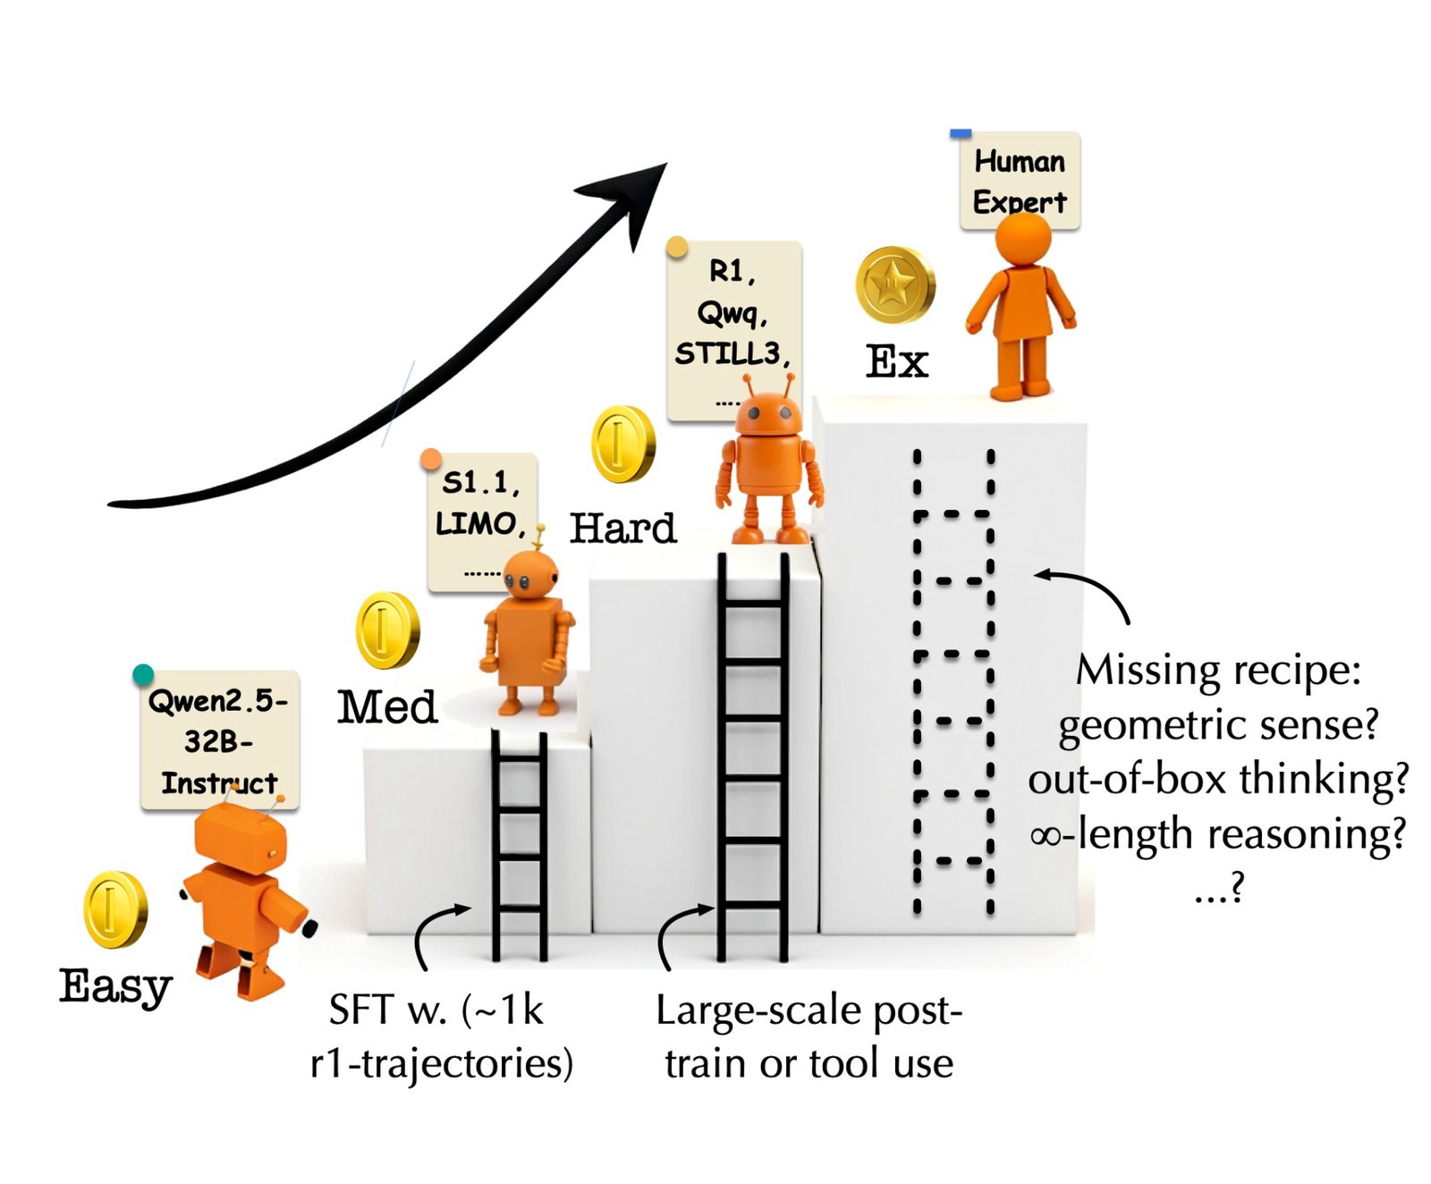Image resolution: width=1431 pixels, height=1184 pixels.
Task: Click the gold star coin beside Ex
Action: pyautogui.click(x=895, y=285)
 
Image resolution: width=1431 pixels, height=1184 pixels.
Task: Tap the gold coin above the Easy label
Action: pyautogui.click(x=115, y=909)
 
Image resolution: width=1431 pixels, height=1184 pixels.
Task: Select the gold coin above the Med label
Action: pyautogui.click(x=387, y=630)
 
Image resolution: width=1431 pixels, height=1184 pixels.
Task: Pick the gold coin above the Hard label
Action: pyautogui.click(x=623, y=444)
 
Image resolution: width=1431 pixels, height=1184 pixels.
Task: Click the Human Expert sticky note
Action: pyautogui.click(x=1020, y=182)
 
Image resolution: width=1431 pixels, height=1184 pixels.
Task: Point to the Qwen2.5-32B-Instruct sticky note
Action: pyautogui.click(x=220, y=740)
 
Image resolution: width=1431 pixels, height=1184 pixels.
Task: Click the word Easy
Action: pyautogui.click(x=116, y=986)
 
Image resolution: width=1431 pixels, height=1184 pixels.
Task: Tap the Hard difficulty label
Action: pyautogui.click(x=623, y=528)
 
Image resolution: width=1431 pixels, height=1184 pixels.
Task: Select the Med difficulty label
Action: pyautogui.click(x=387, y=706)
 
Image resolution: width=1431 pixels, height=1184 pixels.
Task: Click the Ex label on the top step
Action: pyautogui.click(x=897, y=361)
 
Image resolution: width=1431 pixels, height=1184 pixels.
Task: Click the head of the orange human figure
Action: pyautogui.click(x=1023, y=239)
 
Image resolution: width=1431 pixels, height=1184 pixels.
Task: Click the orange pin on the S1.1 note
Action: pyautogui.click(x=431, y=460)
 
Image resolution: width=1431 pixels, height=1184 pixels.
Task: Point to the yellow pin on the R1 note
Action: pyautogui.click(x=677, y=247)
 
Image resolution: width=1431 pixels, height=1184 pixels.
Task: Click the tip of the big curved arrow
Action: pyautogui.click(x=667, y=163)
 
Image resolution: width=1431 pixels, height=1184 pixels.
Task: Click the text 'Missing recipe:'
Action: pyautogui.click(x=1218, y=670)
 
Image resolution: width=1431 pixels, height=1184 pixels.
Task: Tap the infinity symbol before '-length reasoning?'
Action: pyautogui.click(x=1046, y=836)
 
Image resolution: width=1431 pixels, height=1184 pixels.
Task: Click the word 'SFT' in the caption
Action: pyautogui.click(x=361, y=1011)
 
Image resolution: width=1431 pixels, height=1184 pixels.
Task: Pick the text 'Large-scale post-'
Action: pyautogui.click(x=809, y=1011)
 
